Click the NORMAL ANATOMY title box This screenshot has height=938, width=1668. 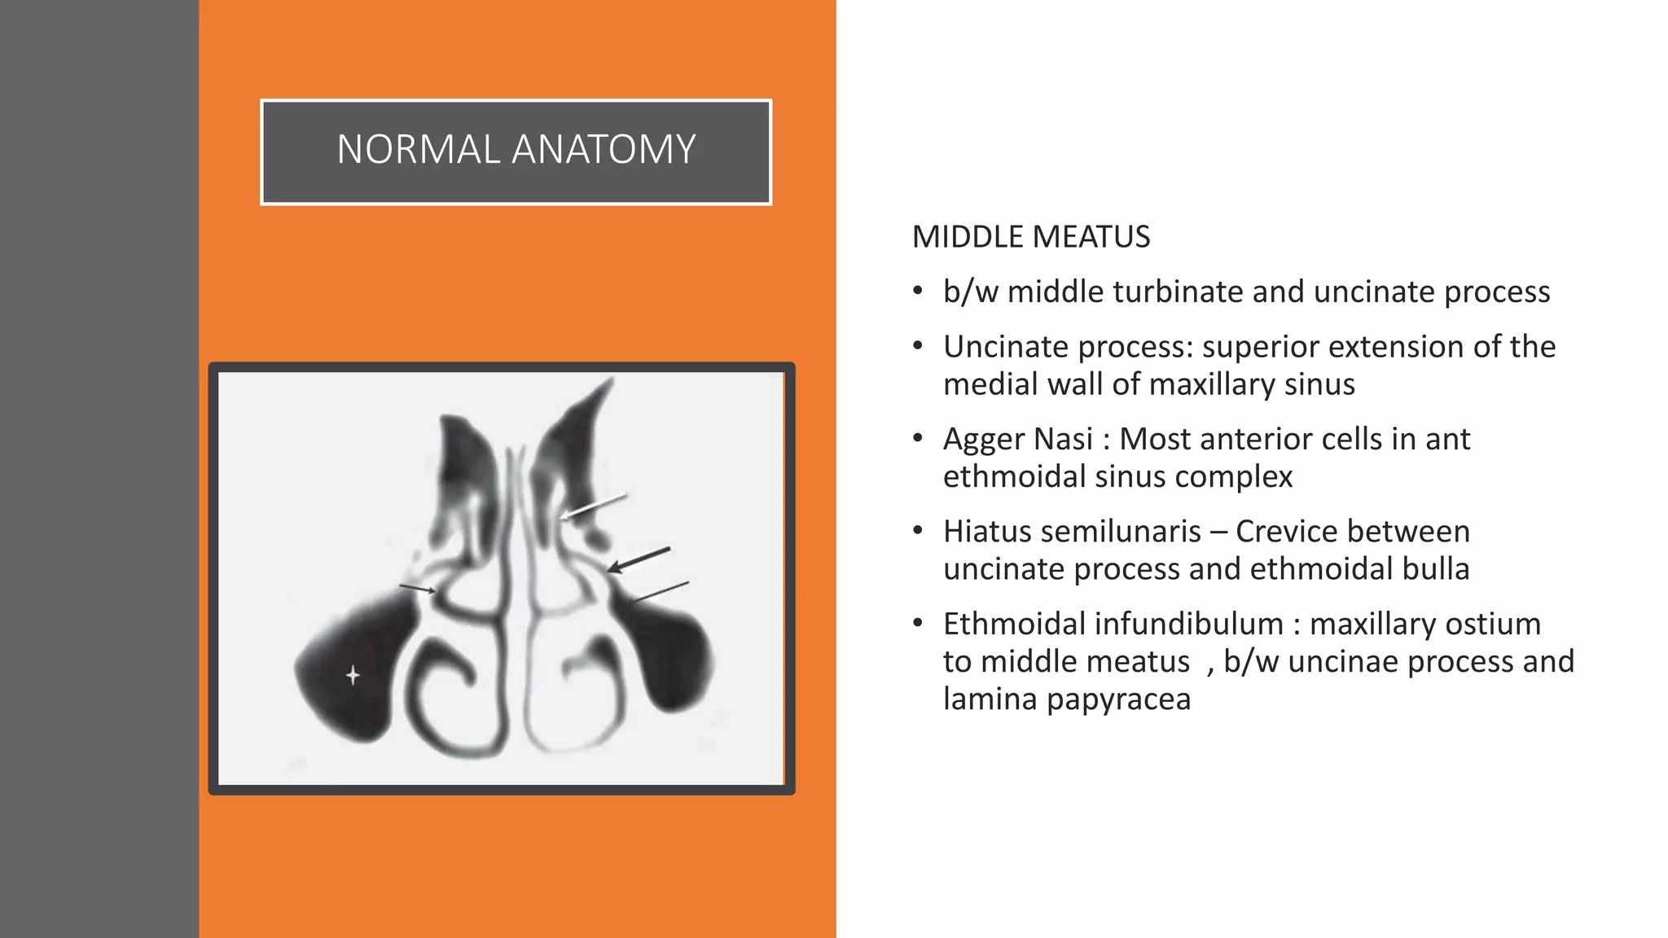pos(516,152)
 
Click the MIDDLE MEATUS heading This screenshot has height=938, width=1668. pos(1030,237)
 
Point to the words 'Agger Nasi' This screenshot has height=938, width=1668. pos(1017,439)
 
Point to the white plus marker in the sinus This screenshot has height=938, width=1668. pos(353,675)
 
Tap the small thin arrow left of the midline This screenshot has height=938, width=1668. pos(417,588)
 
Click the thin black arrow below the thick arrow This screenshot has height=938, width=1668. pos(660,592)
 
